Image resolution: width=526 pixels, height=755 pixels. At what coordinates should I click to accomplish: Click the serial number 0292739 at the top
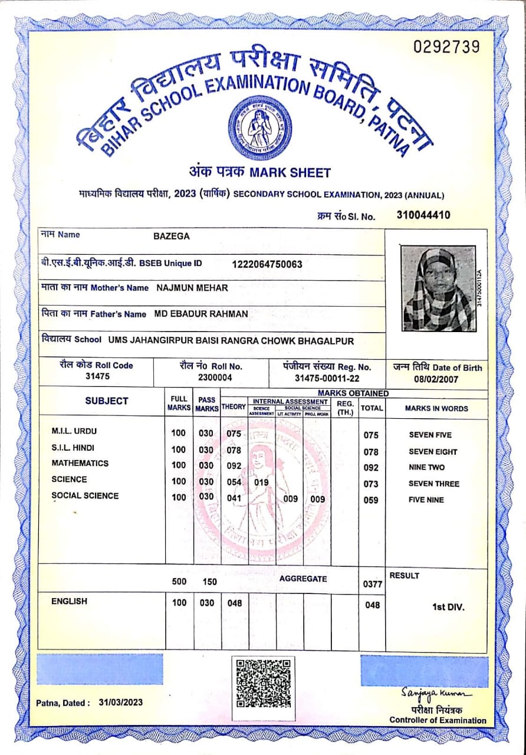(446, 47)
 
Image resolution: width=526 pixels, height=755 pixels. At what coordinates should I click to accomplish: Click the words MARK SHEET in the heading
(290, 173)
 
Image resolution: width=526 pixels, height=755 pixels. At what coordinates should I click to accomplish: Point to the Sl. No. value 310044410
(423, 215)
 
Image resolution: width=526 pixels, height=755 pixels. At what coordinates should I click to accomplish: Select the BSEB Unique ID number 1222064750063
(267, 264)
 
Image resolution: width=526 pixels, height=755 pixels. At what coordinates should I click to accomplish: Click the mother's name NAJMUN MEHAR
(192, 288)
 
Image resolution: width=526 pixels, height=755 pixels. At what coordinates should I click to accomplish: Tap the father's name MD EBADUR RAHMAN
(201, 313)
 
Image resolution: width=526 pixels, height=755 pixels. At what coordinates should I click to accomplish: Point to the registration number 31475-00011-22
(327, 378)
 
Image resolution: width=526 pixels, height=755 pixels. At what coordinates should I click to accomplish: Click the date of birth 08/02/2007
(437, 379)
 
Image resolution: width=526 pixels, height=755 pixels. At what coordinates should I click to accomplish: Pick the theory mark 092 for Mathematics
(234, 466)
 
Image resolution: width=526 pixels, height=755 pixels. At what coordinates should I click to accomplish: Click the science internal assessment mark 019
(261, 482)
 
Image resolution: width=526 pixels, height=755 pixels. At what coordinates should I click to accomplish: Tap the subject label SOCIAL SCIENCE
(85, 496)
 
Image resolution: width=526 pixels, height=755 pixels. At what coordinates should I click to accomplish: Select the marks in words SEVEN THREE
(434, 484)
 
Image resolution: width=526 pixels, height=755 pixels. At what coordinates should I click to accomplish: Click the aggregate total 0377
(373, 585)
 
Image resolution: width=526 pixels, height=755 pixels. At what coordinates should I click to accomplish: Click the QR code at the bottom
(263, 683)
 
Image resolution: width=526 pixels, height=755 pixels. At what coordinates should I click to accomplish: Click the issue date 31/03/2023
(121, 703)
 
